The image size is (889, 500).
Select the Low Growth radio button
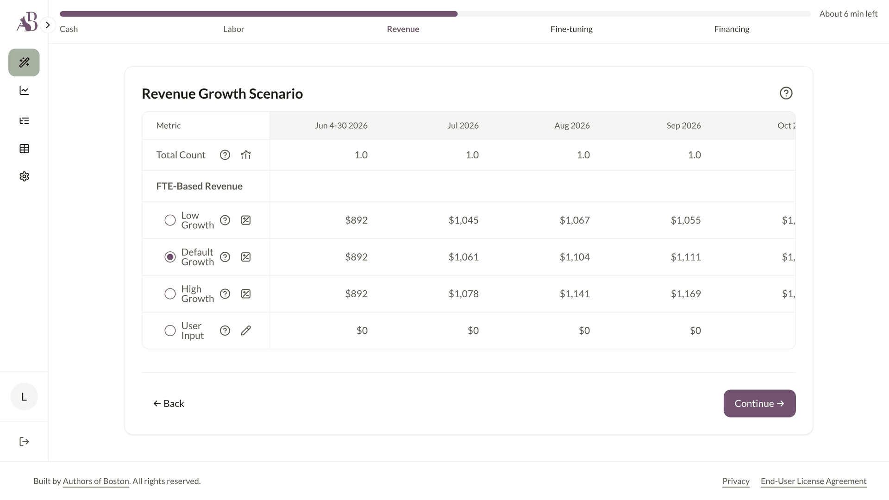170,220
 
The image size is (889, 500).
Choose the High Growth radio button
170,294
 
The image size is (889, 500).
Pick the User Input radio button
170,331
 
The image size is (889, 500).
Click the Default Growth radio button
170,257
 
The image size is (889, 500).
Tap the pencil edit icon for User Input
246,331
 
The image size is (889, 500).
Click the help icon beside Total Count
225,155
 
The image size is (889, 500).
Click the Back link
169,404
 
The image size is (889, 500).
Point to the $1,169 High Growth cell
686,294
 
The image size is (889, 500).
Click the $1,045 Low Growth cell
463,220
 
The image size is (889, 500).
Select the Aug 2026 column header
572,125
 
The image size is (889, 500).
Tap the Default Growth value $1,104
575,257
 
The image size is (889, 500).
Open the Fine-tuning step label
571,29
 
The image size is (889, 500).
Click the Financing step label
732,29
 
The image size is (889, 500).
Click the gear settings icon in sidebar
24,176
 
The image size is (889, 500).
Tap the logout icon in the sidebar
24,442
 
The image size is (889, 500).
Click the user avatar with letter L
24,397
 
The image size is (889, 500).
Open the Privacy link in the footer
736,481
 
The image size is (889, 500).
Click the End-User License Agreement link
814,481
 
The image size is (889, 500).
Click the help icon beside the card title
786,93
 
